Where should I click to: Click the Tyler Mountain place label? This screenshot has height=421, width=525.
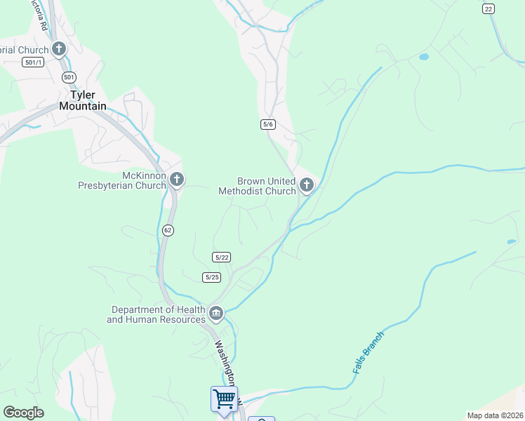(x=83, y=100)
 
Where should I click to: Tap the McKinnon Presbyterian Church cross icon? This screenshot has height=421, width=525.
(x=176, y=180)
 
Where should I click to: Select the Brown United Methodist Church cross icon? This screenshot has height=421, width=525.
(x=306, y=185)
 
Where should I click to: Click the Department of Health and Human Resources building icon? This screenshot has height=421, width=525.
(x=216, y=313)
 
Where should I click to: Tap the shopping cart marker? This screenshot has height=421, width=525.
(x=224, y=399)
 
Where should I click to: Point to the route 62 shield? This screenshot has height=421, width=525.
(x=167, y=230)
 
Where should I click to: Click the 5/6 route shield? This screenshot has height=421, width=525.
(x=267, y=124)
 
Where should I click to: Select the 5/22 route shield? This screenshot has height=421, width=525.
(x=222, y=258)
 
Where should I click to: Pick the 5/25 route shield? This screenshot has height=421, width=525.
(x=212, y=277)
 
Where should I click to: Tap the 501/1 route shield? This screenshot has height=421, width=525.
(x=33, y=62)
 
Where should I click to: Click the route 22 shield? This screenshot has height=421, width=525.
(x=489, y=8)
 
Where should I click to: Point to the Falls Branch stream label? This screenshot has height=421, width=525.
(x=368, y=352)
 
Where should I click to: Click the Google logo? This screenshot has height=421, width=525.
(x=23, y=413)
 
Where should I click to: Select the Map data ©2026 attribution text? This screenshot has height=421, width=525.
(x=495, y=415)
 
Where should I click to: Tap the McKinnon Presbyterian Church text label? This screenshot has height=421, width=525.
(x=121, y=180)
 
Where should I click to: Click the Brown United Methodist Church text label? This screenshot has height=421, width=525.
(x=257, y=186)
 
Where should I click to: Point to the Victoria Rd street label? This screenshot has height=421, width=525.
(x=38, y=14)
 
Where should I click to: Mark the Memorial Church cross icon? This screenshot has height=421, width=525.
(x=59, y=49)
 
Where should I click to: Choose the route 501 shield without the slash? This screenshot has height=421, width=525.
(x=68, y=76)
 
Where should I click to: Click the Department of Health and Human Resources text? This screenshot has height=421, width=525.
(x=156, y=314)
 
